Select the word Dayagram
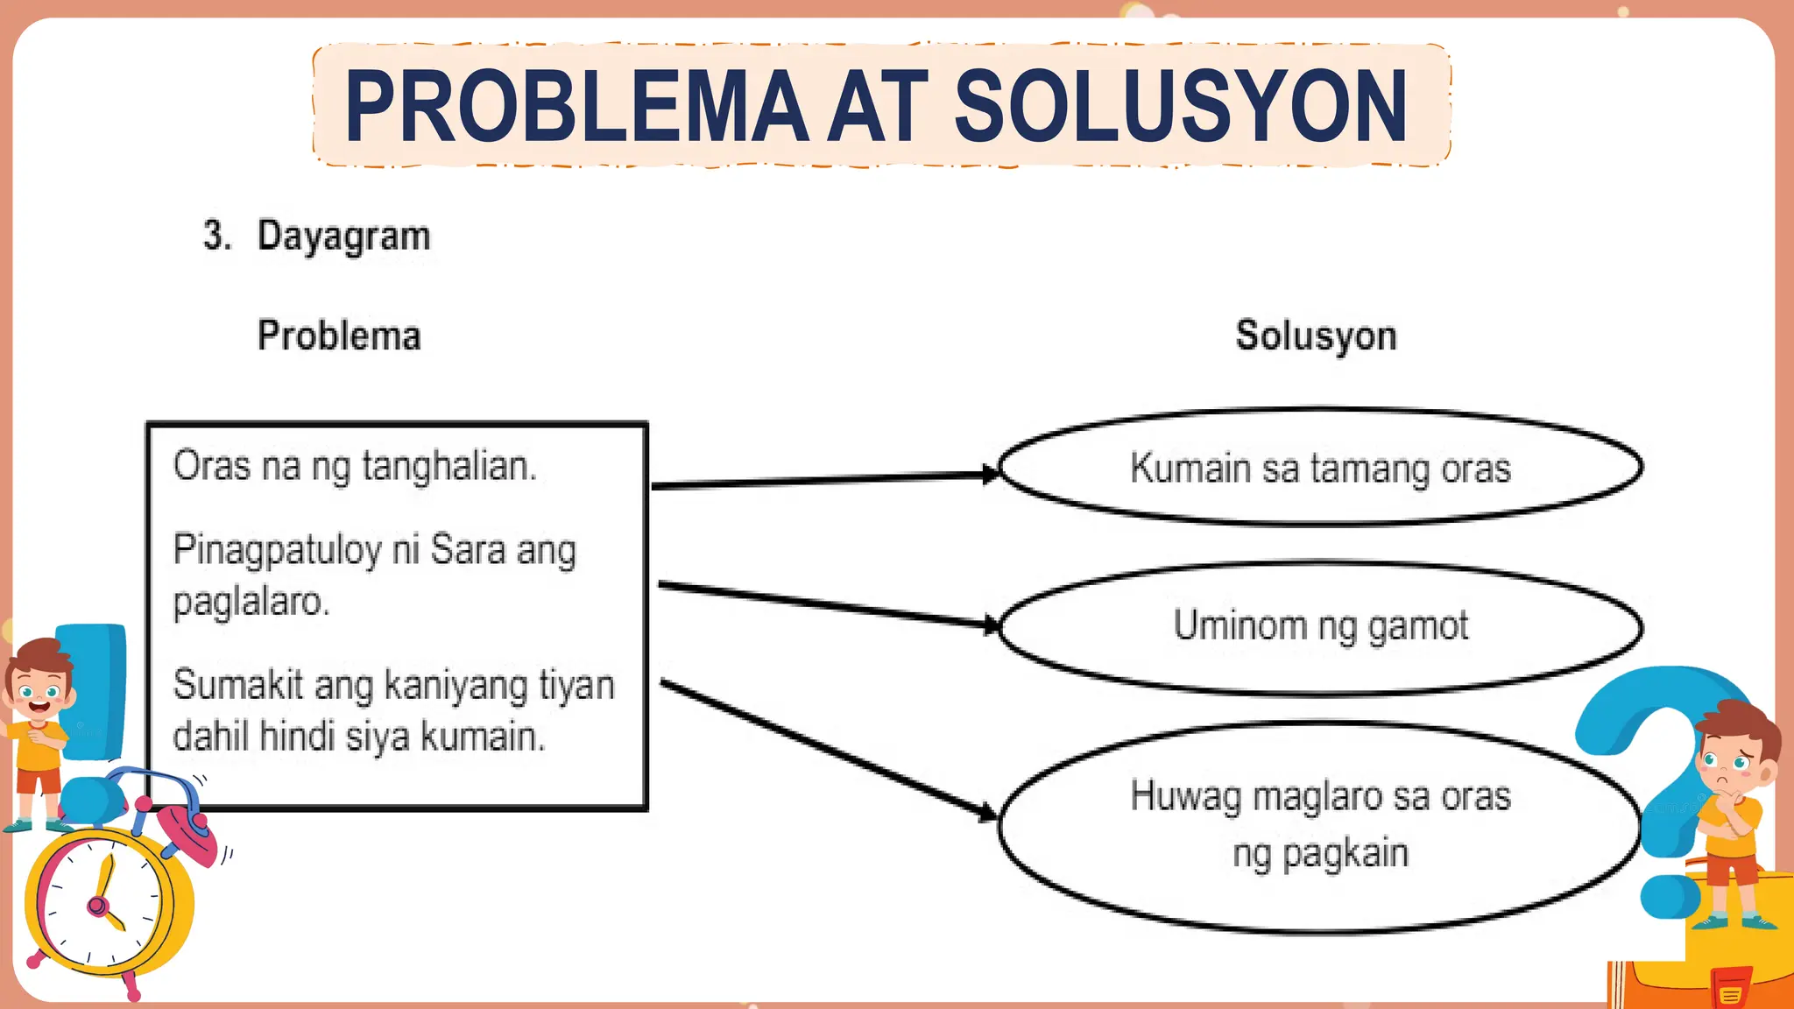343,236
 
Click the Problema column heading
339,335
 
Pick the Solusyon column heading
1316,336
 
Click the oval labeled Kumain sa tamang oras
1320,468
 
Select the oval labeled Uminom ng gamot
1320,627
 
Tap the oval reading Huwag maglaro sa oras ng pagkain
1320,825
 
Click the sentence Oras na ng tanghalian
355,466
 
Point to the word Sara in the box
469,550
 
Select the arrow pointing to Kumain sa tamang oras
823,480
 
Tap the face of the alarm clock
105,902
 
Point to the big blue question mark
1647,771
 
